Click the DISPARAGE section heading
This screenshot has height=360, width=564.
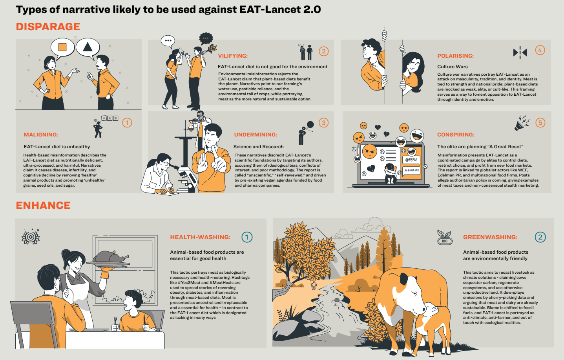[48, 27]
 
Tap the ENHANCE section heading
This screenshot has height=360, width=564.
[43, 205]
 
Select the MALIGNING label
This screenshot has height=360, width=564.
[41, 135]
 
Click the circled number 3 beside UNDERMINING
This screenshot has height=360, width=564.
[323, 123]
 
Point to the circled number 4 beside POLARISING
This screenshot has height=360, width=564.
[540, 50]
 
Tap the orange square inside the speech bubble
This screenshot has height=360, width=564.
[62, 47]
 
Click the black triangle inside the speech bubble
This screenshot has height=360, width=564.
[88, 47]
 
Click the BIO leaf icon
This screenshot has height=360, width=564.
[445, 237]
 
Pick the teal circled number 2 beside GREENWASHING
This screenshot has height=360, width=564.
[540, 237]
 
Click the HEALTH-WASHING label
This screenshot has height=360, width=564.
[200, 237]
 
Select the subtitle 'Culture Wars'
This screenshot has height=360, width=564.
[452, 67]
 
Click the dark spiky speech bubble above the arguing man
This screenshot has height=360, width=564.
[206, 38]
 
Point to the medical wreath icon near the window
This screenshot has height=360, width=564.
[31, 237]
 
